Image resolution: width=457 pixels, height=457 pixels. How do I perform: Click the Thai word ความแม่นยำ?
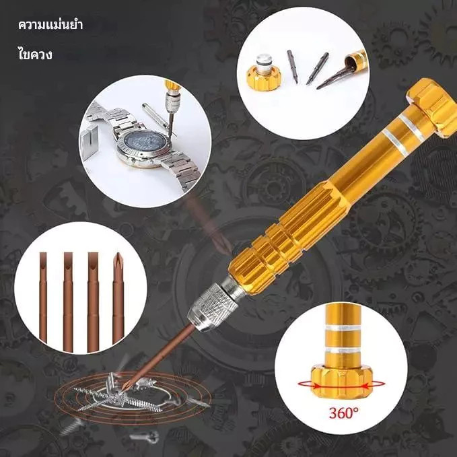pyautogui.click(x=50, y=25)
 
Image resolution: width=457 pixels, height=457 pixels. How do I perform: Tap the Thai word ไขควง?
pyautogui.click(x=35, y=55)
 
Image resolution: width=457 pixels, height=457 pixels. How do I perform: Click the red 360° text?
pyautogui.click(x=344, y=413)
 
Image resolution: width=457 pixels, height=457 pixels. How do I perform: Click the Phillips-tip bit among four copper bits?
pyautogui.click(x=118, y=297)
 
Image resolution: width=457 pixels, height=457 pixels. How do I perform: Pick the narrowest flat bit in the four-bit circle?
pyautogui.click(x=43, y=297)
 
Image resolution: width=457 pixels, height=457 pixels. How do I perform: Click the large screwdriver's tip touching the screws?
pyautogui.click(x=124, y=389)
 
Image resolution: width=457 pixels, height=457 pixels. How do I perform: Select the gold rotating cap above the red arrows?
pyautogui.click(x=342, y=381)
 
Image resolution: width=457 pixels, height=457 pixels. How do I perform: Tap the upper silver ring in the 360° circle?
pyautogui.click(x=343, y=328)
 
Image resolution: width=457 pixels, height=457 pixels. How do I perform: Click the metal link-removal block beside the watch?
pyautogui.click(x=90, y=143)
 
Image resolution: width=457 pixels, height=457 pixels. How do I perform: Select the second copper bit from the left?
pyautogui.click(x=68, y=302)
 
